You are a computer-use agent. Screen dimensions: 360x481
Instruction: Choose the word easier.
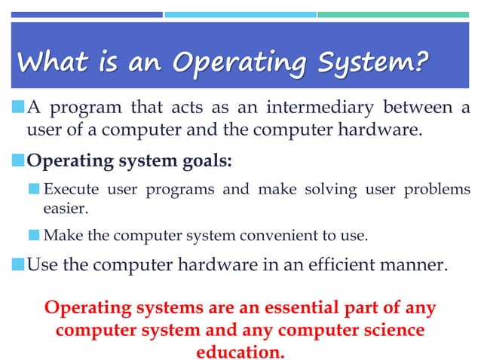[66, 208]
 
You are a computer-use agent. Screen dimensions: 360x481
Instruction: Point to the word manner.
[417, 265]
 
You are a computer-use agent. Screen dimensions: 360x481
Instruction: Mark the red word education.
[240, 352]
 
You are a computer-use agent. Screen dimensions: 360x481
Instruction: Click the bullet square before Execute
[35, 189]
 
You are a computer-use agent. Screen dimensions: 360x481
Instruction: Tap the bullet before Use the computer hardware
[18, 266]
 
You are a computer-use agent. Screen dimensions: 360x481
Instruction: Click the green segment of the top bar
[393, 14]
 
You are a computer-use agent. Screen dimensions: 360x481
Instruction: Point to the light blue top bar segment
[240, 14]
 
